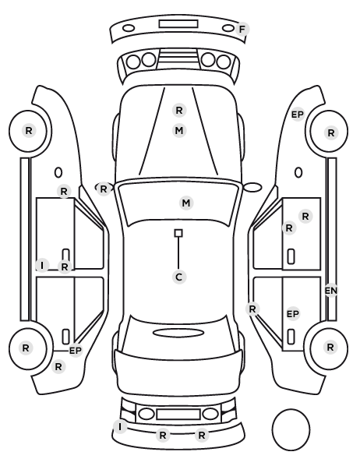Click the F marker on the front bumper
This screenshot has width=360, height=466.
[x=242, y=30]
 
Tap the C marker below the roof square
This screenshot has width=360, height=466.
[x=178, y=277]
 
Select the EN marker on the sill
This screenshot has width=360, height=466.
[x=331, y=291]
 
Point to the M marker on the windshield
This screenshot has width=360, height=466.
[x=186, y=203]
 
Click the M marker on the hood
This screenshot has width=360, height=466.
[x=179, y=130]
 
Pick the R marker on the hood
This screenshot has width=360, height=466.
[x=179, y=110]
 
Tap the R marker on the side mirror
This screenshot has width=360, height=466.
[x=104, y=189]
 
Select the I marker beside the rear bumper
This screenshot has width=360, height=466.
[x=120, y=427]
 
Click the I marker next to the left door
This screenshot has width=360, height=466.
[x=42, y=265]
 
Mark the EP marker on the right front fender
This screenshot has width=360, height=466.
[x=298, y=115]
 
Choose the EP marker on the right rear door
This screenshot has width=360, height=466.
[x=293, y=314]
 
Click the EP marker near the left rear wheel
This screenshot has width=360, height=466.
[x=76, y=351]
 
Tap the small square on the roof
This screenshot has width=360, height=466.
[x=178, y=233]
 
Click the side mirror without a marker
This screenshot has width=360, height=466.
[x=252, y=187]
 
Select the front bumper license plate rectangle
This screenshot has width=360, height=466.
[x=178, y=24]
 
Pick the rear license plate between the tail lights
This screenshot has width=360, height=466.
[x=178, y=415]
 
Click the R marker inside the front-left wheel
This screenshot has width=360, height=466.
[x=29, y=130]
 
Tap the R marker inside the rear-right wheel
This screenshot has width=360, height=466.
[x=330, y=347]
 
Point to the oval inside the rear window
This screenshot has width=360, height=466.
[x=178, y=333]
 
